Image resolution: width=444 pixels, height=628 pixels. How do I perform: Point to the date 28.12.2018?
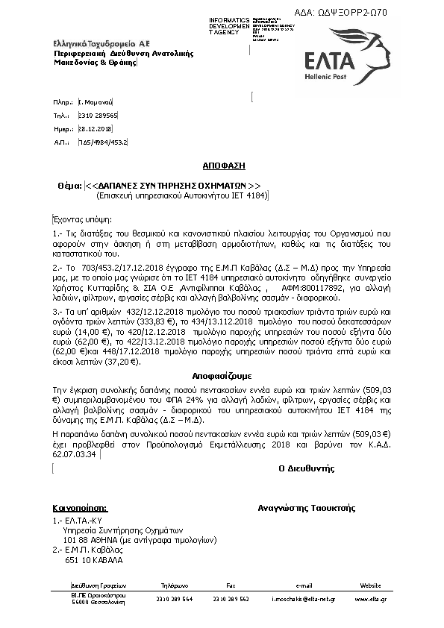pos(94,128)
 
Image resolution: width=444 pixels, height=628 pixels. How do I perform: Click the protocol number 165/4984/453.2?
pos(103,141)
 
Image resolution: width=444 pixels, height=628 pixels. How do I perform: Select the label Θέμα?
pos(69,185)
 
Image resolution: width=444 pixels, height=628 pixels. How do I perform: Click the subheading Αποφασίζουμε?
pos(222,377)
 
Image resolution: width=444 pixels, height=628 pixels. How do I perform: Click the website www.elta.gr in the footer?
pos(370,598)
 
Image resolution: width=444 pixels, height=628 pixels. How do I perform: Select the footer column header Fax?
pos(231,586)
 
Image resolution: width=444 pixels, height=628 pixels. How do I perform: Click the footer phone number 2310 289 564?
pos(175,598)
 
